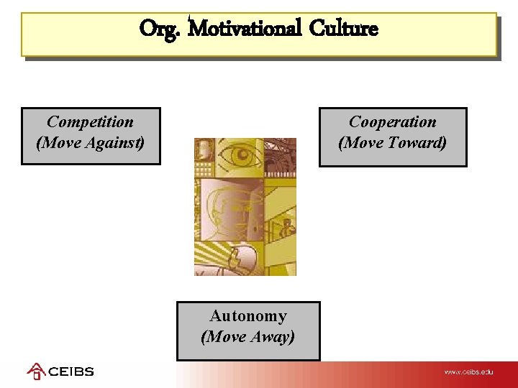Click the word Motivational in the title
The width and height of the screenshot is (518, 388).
point(245,29)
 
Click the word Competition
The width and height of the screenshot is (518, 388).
point(90,122)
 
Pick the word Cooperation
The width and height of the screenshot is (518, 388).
point(393,122)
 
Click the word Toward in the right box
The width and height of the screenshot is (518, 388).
point(417,143)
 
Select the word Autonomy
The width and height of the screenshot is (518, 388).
point(248,316)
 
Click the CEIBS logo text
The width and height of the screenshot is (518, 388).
point(71,372)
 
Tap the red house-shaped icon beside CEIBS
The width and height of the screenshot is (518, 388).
point(36,371)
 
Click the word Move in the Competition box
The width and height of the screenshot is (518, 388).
point(62,143)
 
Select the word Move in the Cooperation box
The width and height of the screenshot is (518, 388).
point(365,143)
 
